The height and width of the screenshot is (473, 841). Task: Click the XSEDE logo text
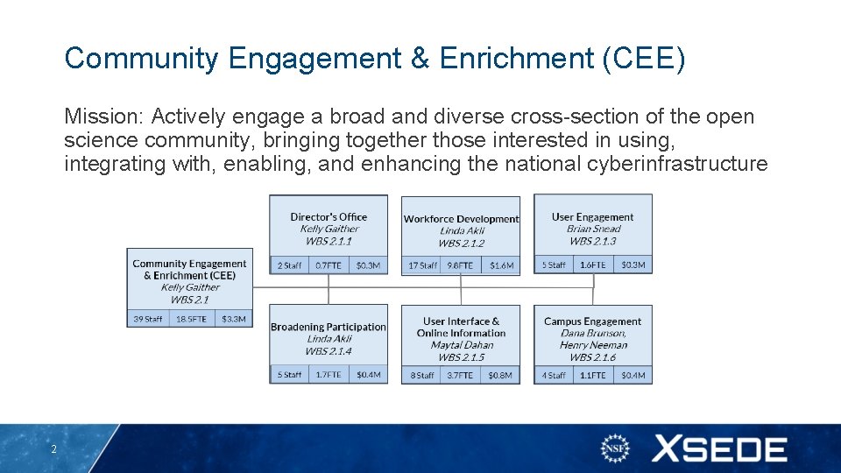pyautogui.click(x=718, y=449)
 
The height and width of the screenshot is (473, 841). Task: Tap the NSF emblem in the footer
pyautogui.click(x=616, y=449)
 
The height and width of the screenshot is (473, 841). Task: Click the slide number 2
pyautogui.click(x=53, y=449)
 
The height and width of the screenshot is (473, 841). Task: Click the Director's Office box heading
pyautogui.click(x=329, y=217)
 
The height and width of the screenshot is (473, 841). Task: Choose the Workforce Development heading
pyautogui.click(x=461, y=219)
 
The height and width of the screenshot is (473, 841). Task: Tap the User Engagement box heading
pyautogui.click(x=592, y=217)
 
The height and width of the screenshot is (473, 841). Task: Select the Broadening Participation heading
pyautogui.click(x=329, y=327)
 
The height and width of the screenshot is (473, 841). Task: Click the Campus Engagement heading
pyautogui.click(x=592, y=321)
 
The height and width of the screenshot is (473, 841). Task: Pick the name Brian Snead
pyautogui.click(x=592, y=229)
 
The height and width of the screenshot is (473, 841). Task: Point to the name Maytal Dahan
pyautogui.click(x=461, y=345)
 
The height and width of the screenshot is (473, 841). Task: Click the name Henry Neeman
pyautogui.click(x=592, y=345)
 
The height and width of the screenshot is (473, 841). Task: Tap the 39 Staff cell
pyautogui.click(x=147, y=319)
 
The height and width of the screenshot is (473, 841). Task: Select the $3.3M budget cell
pyautogui.click(x=233, y=319)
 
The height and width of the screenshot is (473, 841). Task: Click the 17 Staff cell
pyautogui.click(x=422, y=265)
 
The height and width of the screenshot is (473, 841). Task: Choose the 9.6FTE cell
pyautogui.click(x=460, y=265)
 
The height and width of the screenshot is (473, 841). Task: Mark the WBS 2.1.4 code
pyautogui.click(x=329, y=351)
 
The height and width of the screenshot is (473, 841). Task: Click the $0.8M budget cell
pyautogui.click(x=501, y=375)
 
